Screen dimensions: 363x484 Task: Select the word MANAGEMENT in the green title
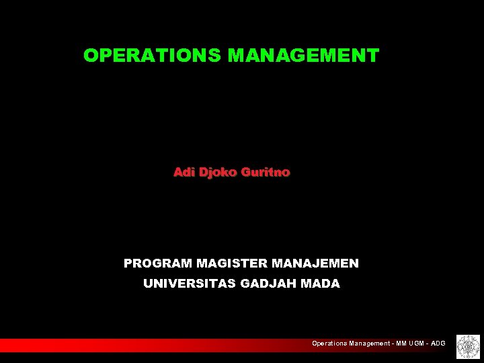304,56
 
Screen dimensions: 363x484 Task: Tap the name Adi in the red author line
184,173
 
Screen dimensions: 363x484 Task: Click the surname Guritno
267,173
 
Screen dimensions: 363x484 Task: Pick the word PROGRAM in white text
158,264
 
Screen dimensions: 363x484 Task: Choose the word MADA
321,284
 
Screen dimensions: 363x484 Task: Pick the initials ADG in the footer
439,344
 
